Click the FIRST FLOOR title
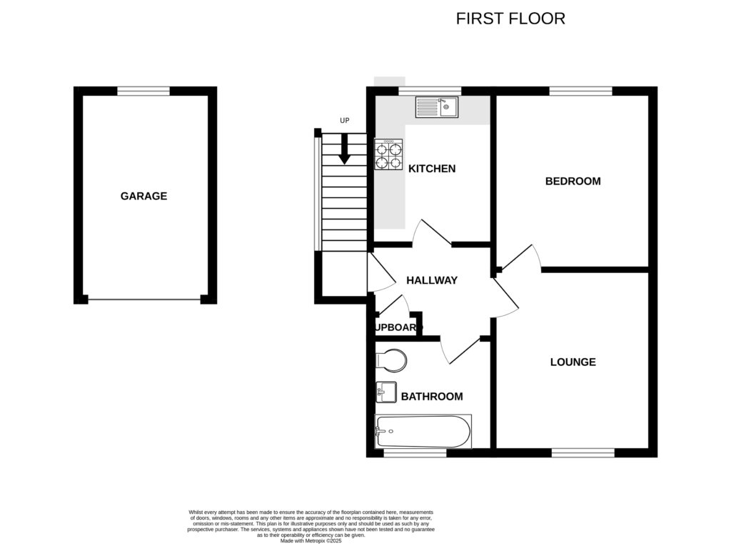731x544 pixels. (x=510, y=19)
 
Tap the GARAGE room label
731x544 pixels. (x=143, y=196)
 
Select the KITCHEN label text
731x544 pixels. (x=432, y=169)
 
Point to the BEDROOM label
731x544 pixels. (x=573, y=181)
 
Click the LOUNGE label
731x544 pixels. (x=573, y=362)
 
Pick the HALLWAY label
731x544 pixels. (x=431, y=280)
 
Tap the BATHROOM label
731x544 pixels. (x=431, y=396)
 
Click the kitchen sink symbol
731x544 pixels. (x=438, y=107)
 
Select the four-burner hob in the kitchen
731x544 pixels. (x=388, y=154)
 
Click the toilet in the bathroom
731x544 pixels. (x=390, y=360)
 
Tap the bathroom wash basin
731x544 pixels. (x=386, y=392)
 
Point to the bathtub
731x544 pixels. (x=423, y=431)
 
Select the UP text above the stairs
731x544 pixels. (x=345, y=120)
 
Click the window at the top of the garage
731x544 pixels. (x=143, y=91)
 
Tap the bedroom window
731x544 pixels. (x=580, y=91)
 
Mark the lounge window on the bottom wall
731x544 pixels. (x=583, y=452)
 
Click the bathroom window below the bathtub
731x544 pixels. (x=415, y=452)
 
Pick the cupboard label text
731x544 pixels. (x=394, y=327)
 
